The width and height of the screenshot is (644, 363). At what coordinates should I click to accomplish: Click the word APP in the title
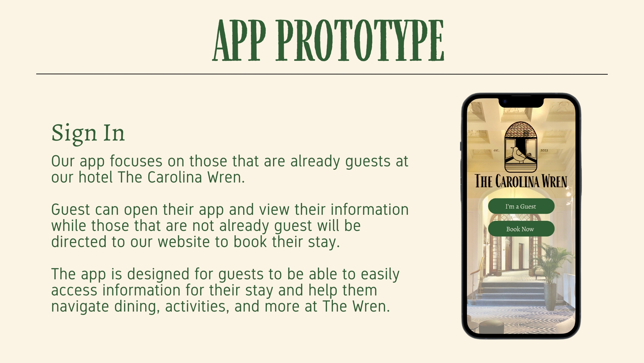pyautogui.click(x=239, y=40)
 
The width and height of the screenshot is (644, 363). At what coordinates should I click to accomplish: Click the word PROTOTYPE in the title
pyautogui.click(x=360, y=40)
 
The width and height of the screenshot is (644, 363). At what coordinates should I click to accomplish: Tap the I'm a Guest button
pyautogui.click(x=521, y=206)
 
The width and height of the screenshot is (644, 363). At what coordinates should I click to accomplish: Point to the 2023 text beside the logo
pyautogui.click(x=544, y=150)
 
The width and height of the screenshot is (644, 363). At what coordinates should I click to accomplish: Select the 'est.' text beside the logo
pyautogui.click(x=496, y=150)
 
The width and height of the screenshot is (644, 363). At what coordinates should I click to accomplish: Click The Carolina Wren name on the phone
pyautogui.click(x=521, y=181)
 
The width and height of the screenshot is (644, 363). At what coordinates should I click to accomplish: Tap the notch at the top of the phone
pyautogui.click(x=521, y=102)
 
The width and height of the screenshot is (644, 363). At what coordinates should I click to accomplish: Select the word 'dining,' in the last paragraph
pyautogui.click(x=137, y=307)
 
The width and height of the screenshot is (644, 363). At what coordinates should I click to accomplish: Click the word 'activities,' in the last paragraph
pyautogui.click(x=197, y=307)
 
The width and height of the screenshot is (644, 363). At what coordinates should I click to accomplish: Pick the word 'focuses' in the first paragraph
pyautogui.click(x=136, y=161)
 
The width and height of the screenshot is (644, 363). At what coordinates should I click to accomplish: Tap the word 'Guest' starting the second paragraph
pyautogui.click(x=70, y=210)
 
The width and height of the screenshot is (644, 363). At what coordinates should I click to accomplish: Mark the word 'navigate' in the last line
pyautogui.click(x=80, y=307)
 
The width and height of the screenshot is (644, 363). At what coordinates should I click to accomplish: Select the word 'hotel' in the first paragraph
pyautogui.click(x=95, y=177)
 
